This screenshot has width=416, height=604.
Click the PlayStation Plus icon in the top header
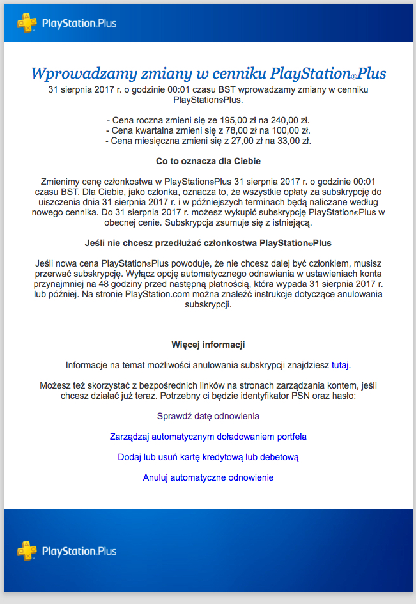tap(26, 23)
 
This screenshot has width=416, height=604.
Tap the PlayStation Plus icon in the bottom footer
tap(26, 550)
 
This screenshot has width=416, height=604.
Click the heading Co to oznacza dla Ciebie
tap(208, 161)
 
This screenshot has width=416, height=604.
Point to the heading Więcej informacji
tap(208, 345)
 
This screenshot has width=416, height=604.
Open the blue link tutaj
tap(340, 365)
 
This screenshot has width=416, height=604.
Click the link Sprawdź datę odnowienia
tap(208, 416)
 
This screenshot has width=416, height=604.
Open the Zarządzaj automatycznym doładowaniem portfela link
tap(208, 437)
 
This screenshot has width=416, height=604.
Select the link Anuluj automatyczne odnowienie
tap(208, 477)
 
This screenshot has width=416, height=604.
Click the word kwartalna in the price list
tap(158, 130)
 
